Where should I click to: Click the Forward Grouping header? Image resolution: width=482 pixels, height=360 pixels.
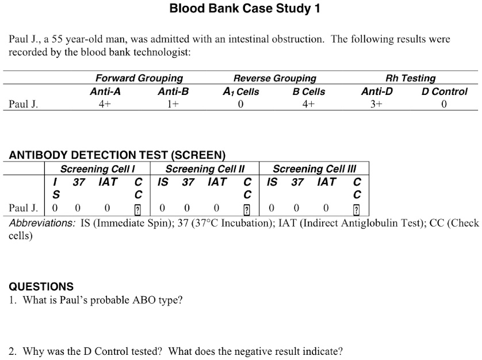point(139,78)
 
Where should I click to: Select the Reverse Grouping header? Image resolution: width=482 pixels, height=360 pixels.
point(274,78)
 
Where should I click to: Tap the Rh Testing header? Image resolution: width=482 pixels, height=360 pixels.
point(410,78)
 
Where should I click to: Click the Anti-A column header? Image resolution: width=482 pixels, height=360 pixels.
point(105,91)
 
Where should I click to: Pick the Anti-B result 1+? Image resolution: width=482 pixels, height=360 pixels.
point(173,104)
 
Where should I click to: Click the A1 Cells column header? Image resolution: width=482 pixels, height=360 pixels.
point(240,91)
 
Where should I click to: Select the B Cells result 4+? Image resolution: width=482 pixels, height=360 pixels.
point(308,104)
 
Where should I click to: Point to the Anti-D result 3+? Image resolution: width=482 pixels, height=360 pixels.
point(377,104)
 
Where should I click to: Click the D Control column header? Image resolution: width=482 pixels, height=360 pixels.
point(445,91)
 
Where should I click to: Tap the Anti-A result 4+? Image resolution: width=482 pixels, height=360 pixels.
point(105,104)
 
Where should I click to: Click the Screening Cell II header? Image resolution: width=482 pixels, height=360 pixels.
point(205,169)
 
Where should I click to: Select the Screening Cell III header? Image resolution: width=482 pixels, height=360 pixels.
point(314,169)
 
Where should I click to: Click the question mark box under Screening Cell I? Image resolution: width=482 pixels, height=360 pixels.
point(137,209)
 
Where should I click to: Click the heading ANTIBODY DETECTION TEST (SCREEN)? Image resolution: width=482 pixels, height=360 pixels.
point(117,155)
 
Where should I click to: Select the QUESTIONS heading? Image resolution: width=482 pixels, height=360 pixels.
point(41,286)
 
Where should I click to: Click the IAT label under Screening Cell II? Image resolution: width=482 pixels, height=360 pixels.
point(217,182)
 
